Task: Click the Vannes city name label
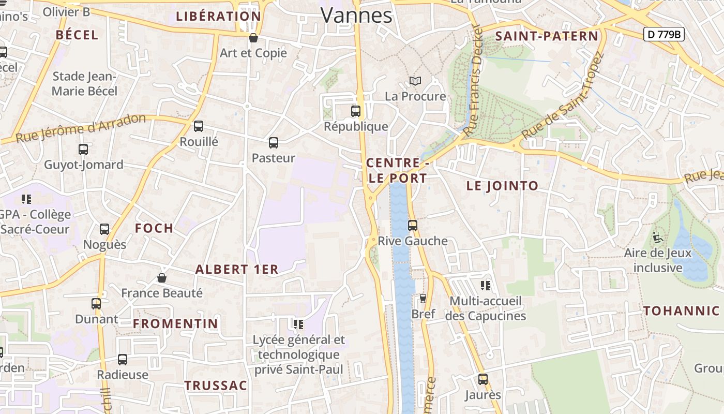[x=356, y=15]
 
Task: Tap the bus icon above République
[x=356, y=111]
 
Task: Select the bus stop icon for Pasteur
[x=274, y=143]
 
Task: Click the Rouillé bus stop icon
[x=199, y=126]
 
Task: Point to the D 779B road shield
[x=664, y=35]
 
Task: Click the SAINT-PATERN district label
[x=547, y=36]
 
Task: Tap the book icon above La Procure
[x=415, y=81]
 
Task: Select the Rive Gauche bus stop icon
[x=412, y=226]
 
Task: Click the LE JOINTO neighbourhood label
[x=502, y=186]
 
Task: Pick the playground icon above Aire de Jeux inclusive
[x=658, y=238]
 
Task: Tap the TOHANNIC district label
[x=682, y=311]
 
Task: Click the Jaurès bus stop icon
[x=483, y=379]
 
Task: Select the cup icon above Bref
[x=423, y=299]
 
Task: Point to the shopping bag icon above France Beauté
[x=162, y=278]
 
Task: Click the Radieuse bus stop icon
[x=123, y=360]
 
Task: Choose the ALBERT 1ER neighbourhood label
[x=237, y=269]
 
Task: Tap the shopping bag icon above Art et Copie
[x=253, y=38]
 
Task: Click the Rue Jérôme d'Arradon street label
[x=81, y=128]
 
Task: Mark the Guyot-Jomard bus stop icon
[x=83, y=150]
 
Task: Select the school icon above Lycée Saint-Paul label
[x=298, y=324]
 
